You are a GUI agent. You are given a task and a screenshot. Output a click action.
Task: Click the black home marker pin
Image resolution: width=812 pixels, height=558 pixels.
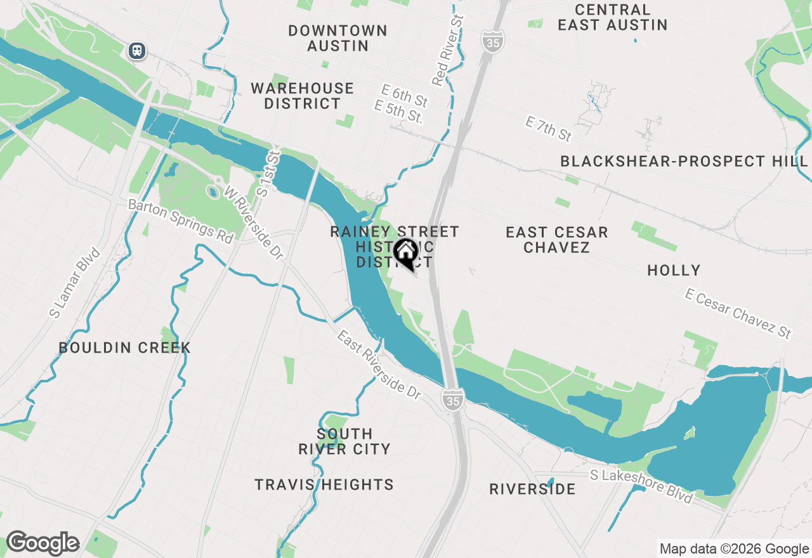tap(406, 254)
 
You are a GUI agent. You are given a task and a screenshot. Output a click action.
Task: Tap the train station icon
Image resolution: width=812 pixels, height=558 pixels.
tap(137, 50)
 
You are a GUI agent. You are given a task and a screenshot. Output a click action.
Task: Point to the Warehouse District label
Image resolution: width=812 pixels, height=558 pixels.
tap(303, 96)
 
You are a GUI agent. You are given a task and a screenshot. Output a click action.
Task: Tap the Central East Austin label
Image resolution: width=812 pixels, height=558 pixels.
tap(613, 18)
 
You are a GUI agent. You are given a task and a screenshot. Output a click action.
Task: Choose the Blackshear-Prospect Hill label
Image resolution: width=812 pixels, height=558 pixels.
tap(684, 162)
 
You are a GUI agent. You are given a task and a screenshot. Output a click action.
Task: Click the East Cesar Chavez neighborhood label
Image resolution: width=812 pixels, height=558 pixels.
tap(557, 240)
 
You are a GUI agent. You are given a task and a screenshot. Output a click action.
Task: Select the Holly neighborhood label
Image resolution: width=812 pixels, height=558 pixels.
tap(674, 271)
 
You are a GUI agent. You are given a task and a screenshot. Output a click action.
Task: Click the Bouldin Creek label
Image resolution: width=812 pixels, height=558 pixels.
tap(125, 347)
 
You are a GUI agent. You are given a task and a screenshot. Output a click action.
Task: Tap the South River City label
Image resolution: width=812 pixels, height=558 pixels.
tap(344, 441)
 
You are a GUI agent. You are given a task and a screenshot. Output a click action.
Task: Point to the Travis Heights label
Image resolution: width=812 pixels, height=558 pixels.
tap(324, 485)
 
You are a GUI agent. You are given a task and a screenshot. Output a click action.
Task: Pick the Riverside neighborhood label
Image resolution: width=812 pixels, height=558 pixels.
tap(533, 489)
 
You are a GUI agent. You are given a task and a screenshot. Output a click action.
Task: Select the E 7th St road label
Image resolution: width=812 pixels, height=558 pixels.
tap(549, 129)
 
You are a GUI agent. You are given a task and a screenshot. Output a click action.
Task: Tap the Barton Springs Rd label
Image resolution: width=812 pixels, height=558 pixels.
tap(181, 221)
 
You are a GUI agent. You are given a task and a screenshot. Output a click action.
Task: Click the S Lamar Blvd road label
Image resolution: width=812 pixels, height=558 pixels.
tap(75, 283)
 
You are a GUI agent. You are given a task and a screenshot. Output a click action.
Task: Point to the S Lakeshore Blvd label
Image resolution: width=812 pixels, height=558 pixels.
tap(641, 485)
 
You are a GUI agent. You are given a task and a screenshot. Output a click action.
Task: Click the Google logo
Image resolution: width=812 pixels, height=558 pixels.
tap(43, 543)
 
